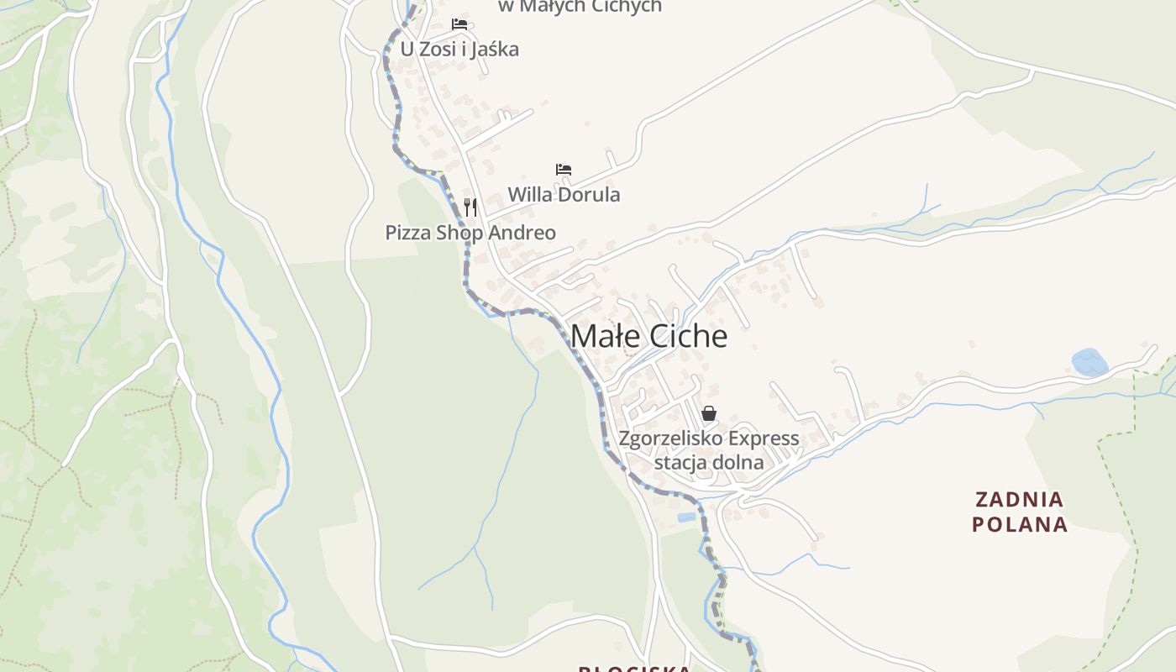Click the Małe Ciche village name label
(x=648, y=336)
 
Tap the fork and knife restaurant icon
(x=470, y=207)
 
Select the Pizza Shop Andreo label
(x=470, y=233)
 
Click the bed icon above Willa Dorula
(x=564, y=170)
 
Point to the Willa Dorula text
(x=564, y=195)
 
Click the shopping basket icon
(x=709, y=413)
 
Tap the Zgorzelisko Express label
(x=709, y=438)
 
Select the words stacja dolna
(x=709, y=462)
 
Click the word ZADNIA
(x=1020, y=500)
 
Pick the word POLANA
(x=1020, y=525)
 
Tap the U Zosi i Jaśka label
(x=459, y=49)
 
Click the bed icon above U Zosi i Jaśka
(x=459, y=24)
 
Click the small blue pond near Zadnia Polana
(x=1089, y=362)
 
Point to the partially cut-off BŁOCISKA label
(x=635, y=669)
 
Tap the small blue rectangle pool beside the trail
(x=686, y=517)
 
